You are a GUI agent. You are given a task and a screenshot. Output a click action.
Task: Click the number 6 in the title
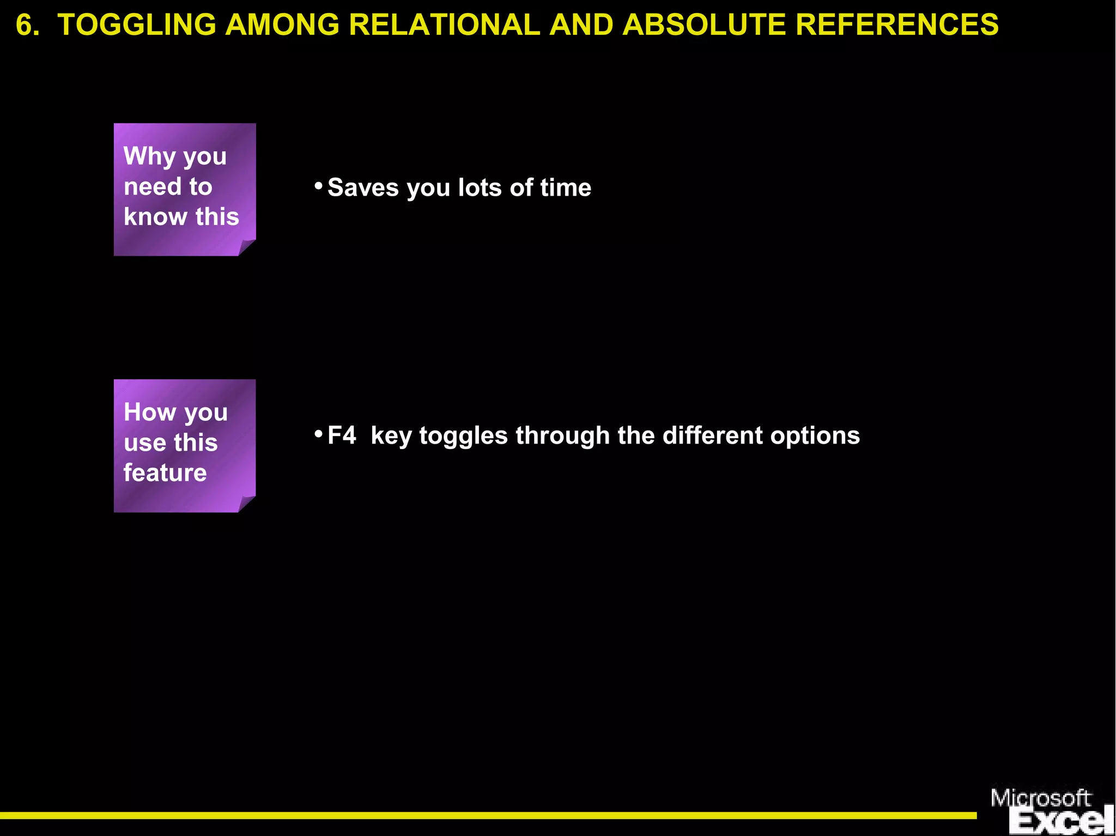pyautogui.click(x=25, y=25)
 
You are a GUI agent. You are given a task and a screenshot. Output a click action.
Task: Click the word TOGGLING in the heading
pyautogui.click(x=136, y=25)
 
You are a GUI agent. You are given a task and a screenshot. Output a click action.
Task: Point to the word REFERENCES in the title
pyautogui.click(x=897, y=25)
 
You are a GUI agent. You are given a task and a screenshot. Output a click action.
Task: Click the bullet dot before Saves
pyautogui.click(x=319, y=186)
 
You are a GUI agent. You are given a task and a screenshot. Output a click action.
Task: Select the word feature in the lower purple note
pyautogui.click(x=165, y=473)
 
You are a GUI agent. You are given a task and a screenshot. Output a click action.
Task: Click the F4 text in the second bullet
pyautogui.click(x=342, y=436)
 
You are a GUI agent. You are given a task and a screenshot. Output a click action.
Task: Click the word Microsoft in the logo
pyautogui.click(x=1040, y=798)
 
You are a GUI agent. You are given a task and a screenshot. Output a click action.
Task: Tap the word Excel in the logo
pyautogui.click(x=1060, y=822)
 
